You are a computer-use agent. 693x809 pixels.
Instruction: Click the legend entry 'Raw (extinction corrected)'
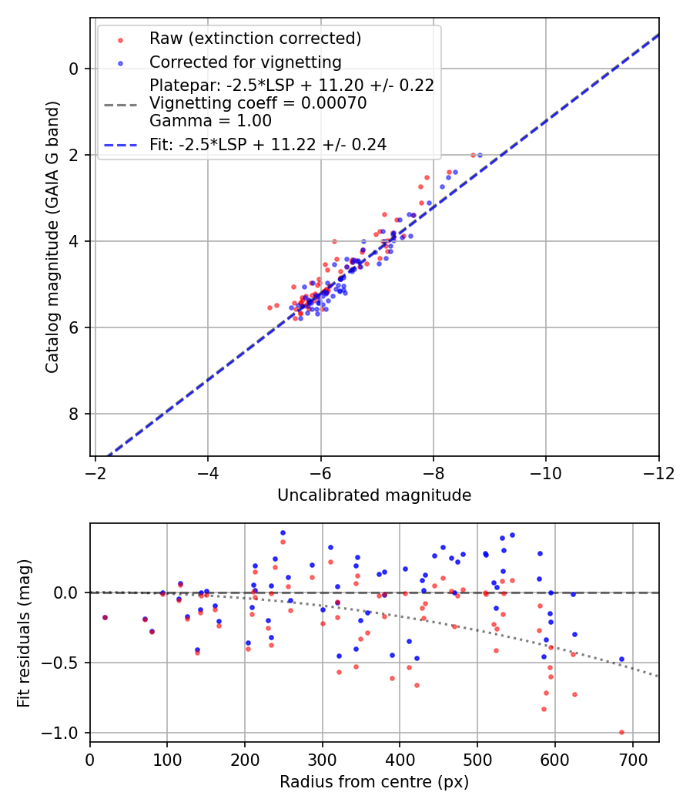255,39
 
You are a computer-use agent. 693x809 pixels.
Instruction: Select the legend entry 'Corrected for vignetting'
246,62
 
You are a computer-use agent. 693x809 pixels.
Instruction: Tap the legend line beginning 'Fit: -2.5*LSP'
268,144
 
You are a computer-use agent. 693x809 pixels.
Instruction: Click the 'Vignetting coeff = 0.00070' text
258,102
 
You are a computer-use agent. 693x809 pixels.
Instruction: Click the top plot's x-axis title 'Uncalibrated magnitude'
374,495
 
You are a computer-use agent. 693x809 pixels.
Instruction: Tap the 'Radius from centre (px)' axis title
374,782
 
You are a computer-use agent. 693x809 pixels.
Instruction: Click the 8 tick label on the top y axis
74,415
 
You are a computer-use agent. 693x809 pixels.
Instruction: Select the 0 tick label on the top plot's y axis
74,69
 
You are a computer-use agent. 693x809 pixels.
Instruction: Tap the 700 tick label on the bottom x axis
632,760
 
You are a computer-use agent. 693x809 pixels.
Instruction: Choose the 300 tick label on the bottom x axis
323,760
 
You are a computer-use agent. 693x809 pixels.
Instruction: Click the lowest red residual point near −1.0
621,732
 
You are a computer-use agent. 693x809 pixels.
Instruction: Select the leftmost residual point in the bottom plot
105,617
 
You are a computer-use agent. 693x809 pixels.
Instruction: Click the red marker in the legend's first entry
120,39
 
